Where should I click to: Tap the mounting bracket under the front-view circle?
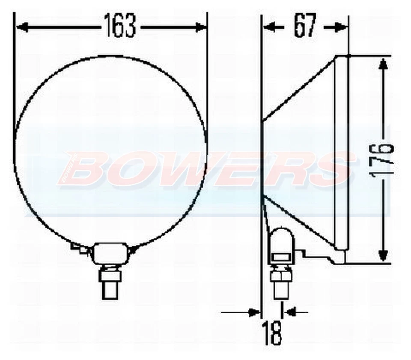110,252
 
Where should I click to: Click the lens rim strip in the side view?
341,152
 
